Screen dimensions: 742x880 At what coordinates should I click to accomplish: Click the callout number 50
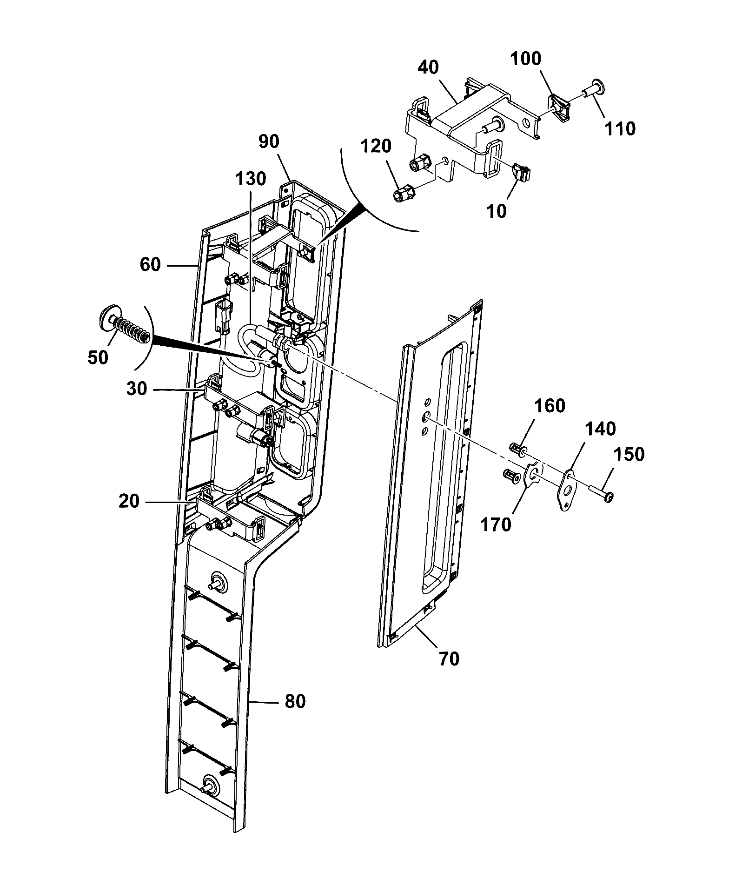[x=98, y=357]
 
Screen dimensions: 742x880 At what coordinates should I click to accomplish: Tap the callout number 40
[x=428, y=68]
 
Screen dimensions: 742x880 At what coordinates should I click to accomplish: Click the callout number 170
[x=496, y=525]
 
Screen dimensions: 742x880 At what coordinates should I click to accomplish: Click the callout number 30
[x=137, y=389]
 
